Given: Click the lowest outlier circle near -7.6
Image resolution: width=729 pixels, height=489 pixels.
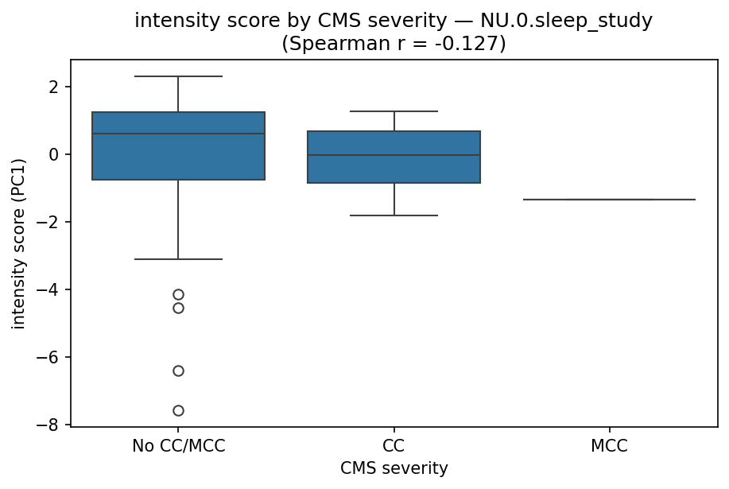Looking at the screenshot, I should (x=178, y=410).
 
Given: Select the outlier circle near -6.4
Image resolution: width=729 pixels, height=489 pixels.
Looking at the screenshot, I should (x=178, y=371).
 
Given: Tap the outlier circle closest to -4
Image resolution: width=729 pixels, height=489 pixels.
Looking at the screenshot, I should (x=178, y=294).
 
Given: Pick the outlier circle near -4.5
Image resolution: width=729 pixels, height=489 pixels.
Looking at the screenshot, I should (x=178, y=308).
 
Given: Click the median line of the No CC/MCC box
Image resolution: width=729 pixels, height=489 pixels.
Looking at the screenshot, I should (x=178, y=134).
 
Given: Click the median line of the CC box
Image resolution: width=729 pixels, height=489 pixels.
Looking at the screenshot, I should (x=394, y=155).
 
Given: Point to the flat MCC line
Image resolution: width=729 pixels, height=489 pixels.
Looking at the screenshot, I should (x=610, y=200).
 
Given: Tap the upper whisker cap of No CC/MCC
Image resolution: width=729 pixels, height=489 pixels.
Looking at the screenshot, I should (x=178, y=76).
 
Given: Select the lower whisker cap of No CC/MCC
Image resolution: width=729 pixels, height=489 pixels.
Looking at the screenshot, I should (x=178, y=259).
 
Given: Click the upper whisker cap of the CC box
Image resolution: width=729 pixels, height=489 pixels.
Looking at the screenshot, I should (x=394, y=111).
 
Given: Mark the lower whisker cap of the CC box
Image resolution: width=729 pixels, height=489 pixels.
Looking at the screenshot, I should (x=394, y=215).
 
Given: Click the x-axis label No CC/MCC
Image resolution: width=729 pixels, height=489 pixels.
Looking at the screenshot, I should (x=178, y=446).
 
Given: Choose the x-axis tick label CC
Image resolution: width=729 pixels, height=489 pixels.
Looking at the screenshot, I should (x=394, y=446).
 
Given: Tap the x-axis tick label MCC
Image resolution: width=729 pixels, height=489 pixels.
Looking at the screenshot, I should (x=610, y=446).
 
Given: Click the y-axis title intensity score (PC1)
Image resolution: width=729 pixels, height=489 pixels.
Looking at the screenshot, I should (x=18, y=243).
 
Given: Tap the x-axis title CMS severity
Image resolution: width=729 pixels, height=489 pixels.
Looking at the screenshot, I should (x=394, y=469).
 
